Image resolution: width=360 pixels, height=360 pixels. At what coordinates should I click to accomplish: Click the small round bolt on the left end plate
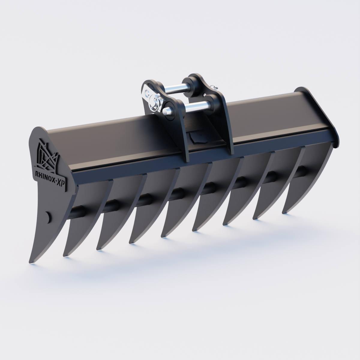(x=47, y=216)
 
